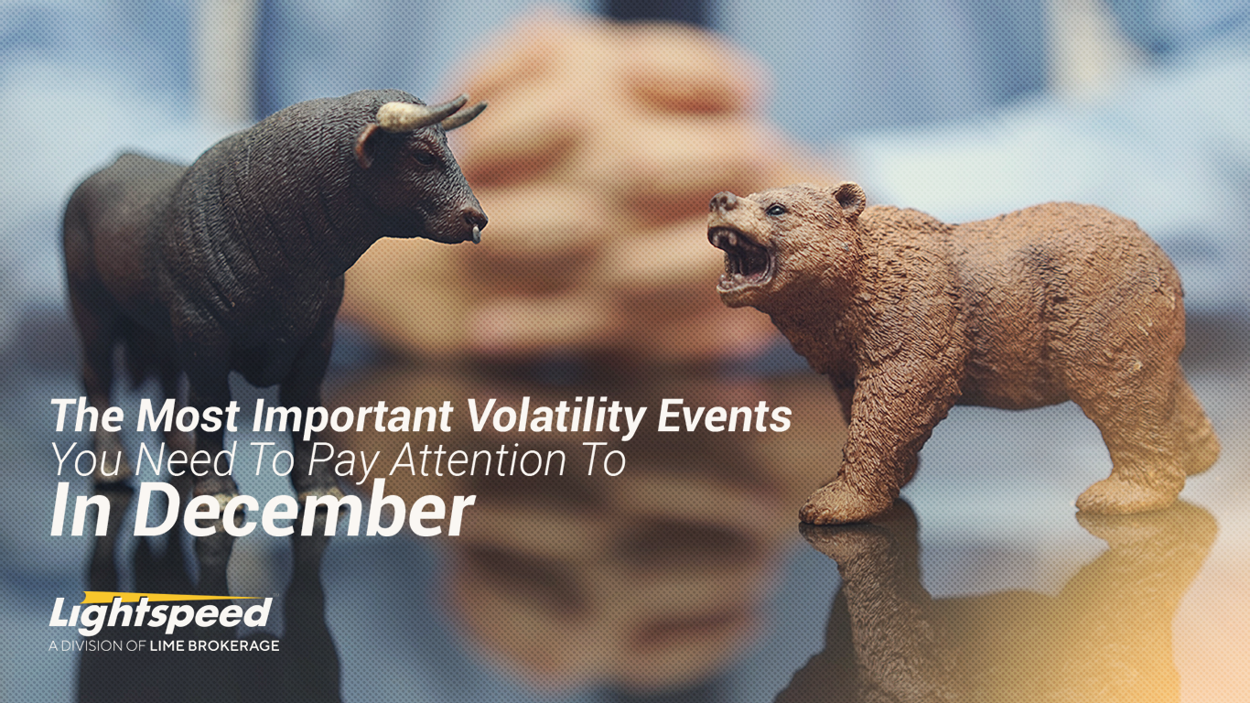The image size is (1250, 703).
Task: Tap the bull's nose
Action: pos(474,220)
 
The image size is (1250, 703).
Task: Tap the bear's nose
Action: pos(724,201)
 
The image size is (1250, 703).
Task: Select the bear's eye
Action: pos(775,209)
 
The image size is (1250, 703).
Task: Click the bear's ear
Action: pos(848,197)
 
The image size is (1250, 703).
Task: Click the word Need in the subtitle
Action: pos(166,460)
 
